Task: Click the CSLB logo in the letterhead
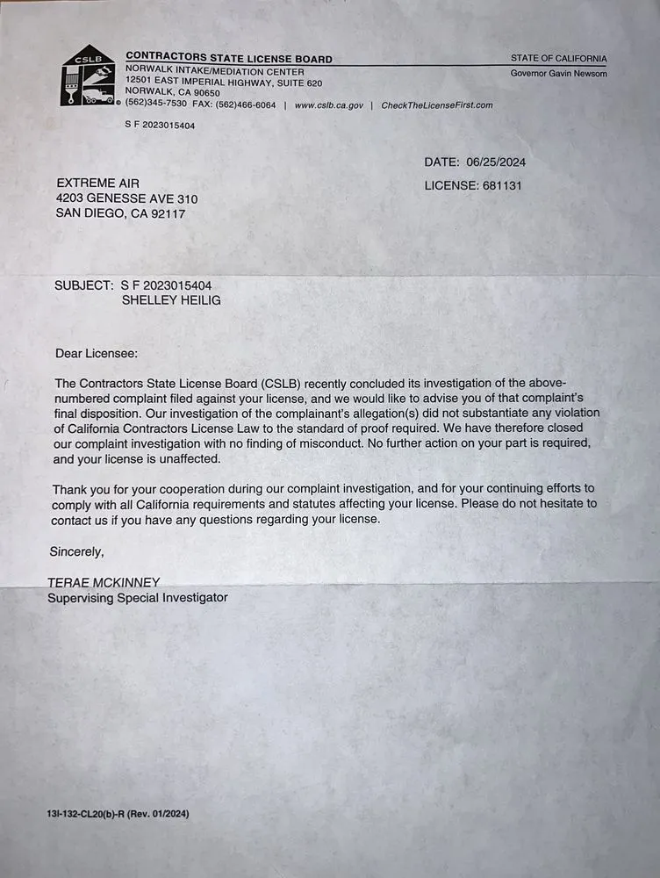pyautogui.click(x=88, y=76)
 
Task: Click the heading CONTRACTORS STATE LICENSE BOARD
pyautogui.click(x=229, y=59)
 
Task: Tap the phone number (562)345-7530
pyautogui.click(x=155, y=105)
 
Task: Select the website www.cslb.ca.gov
pyautogui.click(x=328, y=105)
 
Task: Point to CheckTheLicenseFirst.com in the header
pyautogui.click(x=437, y=105)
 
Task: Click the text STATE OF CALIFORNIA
pyautogui.click(x=558, y=59)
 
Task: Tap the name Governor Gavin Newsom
pyautogui.click(x=558, y=73)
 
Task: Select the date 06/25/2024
pyautogui.click(x=496, y=162)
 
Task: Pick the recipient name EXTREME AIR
pyautogui.click(x=98, y=183)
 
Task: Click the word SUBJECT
pyautogui.click(x=82, y=285)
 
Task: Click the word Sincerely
pyautogui.click(x=77, y=552)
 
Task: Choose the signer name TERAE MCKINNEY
pyautogui.click(x=104, y=582)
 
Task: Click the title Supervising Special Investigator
pyautogui.click(x=137, y=597)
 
